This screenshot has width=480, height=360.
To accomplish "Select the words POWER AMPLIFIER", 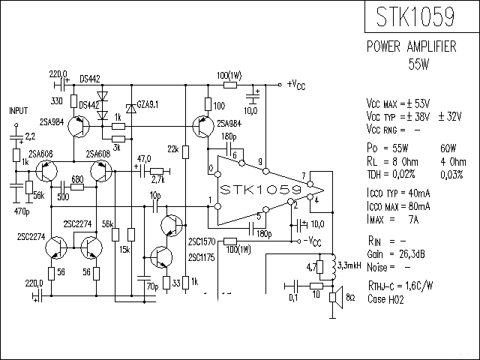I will point(411,47).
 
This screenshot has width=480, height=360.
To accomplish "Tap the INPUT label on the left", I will point(18,110).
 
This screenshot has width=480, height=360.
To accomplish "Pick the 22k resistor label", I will point(172,150).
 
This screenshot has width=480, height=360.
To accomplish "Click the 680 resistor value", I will point(76,179).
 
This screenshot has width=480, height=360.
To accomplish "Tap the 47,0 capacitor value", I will point(143,159).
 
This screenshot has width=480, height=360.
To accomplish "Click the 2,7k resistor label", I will point(157,180).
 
